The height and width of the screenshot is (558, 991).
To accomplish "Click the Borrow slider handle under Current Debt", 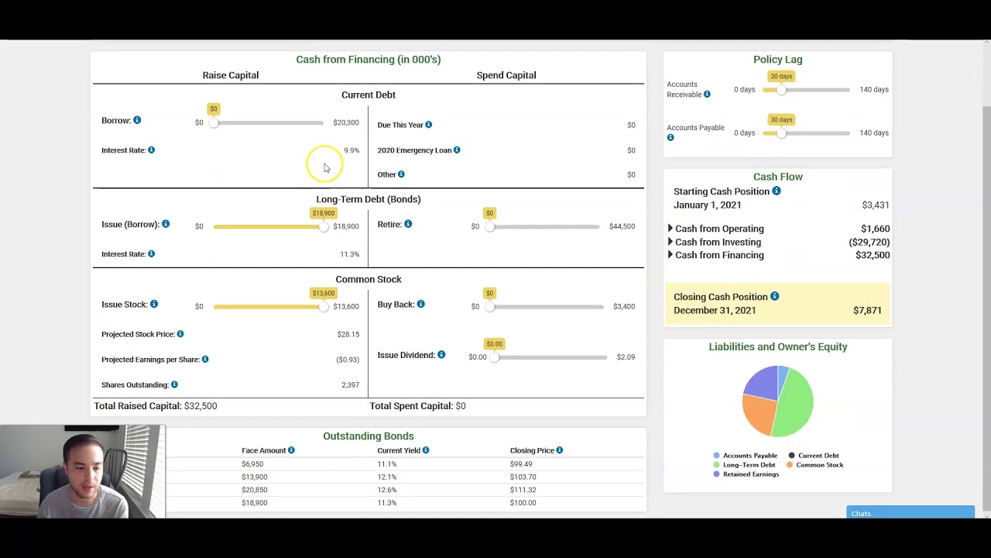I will coord(214,122).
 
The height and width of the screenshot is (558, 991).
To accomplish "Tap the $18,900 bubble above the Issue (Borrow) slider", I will coord(324,213).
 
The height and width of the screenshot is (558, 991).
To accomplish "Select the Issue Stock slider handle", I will coord(324,307).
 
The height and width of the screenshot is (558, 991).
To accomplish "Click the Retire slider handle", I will coord(489,226).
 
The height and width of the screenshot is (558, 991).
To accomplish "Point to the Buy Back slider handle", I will coord(489,307).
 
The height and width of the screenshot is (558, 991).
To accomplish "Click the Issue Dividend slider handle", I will coord(494,357).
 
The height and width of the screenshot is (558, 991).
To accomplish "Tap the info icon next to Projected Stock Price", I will coord(180,334).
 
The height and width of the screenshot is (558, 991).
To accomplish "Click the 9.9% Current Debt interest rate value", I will coord(351,150).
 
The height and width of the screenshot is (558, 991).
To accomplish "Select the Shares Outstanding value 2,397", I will coord(350,385).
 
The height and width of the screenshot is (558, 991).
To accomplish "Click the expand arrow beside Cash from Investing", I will coord(670,242).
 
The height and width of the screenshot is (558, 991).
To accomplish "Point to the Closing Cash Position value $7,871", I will coord(867,310).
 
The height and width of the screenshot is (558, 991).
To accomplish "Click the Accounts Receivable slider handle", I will coord(781,90).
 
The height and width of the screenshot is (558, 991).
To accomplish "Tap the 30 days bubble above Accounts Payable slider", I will coord(781,119).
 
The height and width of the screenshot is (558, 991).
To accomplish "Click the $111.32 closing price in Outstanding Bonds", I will coord(523,490).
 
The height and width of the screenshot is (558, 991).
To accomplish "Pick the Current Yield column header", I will coord(399,450).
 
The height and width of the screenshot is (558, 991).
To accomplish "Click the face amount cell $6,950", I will coord(252,464).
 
